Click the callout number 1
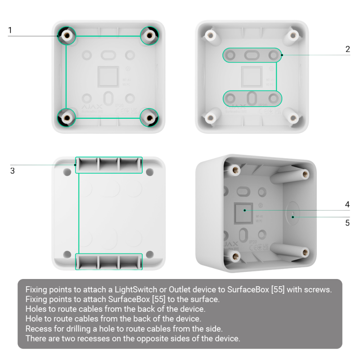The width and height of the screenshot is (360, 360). tap(10, 30)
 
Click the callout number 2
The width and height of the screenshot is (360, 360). tap(347, 49)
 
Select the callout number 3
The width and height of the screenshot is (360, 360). tap(13, 171)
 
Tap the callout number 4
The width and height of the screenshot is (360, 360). tap(347, 204)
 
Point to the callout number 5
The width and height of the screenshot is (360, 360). tap(347, 223)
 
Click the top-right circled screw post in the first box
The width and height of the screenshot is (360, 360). tap(149, 36)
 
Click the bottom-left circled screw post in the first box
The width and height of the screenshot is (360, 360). tap(67, 118)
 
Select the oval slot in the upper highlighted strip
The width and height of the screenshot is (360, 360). tap(252, 55)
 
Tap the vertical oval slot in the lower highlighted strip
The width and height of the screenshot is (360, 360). tap(252, 99)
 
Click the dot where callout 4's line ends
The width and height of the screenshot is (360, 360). tap(245, 210)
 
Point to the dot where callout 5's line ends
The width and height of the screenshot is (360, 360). tap(293, 217)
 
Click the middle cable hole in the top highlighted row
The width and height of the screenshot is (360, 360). tap(108, 165)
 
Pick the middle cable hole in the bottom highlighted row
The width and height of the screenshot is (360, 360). tap(108, 262)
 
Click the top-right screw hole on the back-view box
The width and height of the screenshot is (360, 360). tap(150, 172)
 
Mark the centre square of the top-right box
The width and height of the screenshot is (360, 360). tap(252, 76)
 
